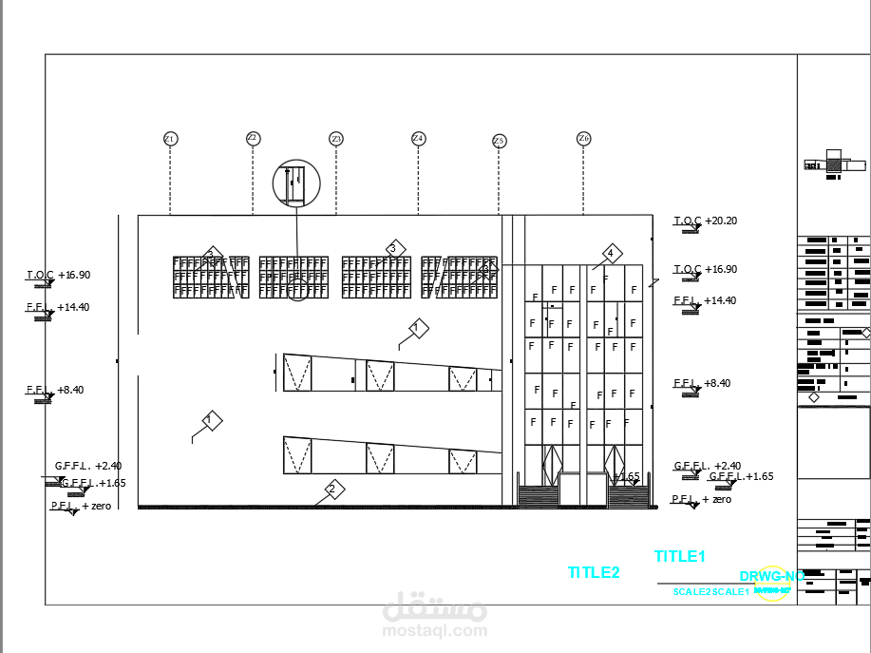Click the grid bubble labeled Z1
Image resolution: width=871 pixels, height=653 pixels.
click(170, 139)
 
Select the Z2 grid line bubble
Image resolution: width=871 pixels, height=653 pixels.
click(253, 138)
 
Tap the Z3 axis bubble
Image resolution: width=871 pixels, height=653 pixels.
click(336, 139)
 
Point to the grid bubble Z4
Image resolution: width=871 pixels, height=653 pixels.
click(418, 139)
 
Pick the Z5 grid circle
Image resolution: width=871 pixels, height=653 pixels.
click(500, 141)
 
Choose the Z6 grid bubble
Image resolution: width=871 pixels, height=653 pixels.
click(583, 139)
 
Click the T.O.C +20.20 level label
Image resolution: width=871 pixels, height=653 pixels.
click(706, 221)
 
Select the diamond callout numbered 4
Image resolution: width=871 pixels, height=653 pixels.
click(611, 254)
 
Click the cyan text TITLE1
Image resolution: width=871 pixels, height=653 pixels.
click(680, 557)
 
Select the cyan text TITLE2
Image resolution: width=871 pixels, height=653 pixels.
click(594, 572)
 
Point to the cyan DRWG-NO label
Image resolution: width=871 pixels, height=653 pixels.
click(771, 576)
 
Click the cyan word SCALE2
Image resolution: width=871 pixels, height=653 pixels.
click(691, 592)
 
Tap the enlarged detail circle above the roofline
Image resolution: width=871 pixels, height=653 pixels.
click(296, 182)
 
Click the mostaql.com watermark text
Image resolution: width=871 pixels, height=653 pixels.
click(434, 629)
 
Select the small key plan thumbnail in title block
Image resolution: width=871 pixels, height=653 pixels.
click(833, 163)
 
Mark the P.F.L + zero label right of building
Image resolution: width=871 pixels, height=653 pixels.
click(702, 499)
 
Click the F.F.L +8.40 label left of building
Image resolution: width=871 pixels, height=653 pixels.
click(54, 391)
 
